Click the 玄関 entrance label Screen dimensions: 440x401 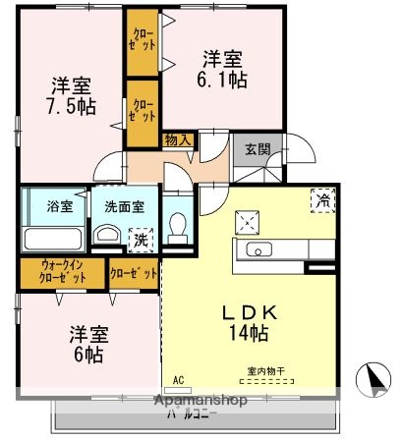[258, 149]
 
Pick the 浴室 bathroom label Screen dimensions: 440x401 [60, 206]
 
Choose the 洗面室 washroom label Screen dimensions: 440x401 [121, 206]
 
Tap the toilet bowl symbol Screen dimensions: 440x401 [177, 227]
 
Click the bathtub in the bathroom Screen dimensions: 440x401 [52, 238]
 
